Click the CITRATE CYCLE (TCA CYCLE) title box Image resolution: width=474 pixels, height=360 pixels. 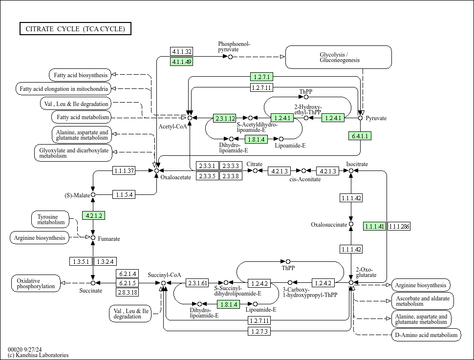75,29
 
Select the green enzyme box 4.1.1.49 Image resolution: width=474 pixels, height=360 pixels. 182,62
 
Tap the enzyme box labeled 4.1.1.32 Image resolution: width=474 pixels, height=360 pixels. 182,52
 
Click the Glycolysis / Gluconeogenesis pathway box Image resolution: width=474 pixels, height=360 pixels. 338,57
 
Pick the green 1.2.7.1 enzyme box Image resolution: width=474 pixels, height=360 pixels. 262,77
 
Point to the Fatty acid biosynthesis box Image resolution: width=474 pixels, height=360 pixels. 80,75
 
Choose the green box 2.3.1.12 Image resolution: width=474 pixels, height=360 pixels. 225,118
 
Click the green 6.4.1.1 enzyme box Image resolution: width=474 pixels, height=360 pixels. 360,136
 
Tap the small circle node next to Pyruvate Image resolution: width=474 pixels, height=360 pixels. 361,118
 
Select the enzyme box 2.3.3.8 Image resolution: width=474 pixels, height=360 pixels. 231,176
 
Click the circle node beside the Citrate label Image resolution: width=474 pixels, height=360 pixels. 255,171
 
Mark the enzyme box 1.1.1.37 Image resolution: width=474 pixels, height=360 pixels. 124,170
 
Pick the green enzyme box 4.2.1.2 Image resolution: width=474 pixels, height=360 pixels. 94,215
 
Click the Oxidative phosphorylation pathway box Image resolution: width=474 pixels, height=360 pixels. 36,283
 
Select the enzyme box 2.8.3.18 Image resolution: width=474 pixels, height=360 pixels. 127,292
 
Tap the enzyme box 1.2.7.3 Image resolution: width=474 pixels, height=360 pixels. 259,331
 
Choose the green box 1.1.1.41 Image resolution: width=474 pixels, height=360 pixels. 374,226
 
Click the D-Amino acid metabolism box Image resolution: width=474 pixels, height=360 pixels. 426,335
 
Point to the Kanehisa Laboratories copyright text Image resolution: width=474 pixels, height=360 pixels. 38,355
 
